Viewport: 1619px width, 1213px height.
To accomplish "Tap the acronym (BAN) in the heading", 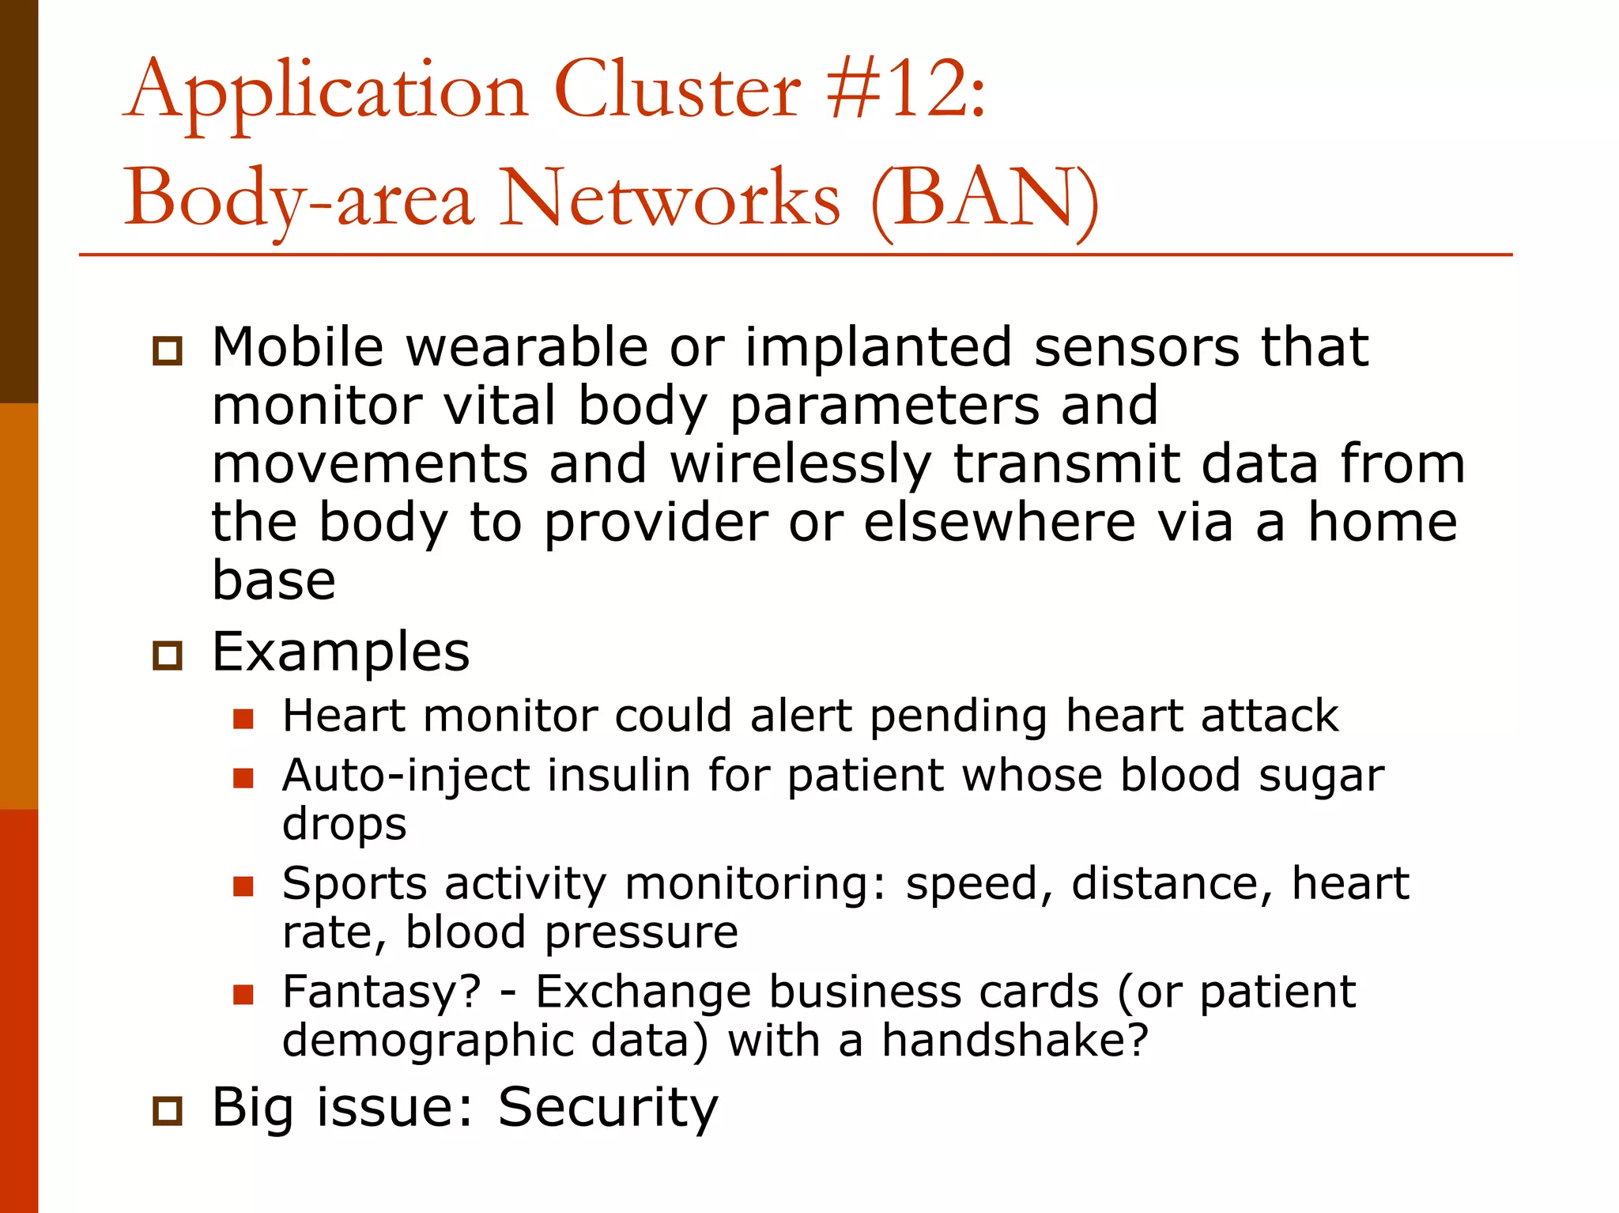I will point(984,199).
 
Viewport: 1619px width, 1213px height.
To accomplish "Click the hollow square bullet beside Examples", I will point(167,656).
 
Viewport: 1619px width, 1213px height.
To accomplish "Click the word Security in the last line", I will point(607,1107).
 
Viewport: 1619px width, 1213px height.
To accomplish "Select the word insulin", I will point(619,775).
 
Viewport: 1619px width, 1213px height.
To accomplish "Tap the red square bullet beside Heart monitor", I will point(243,718).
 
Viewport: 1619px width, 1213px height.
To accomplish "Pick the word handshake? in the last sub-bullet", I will point(1014,1041).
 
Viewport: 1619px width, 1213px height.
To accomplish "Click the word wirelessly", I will point(800,464).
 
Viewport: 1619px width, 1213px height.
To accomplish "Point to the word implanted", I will point(878,348).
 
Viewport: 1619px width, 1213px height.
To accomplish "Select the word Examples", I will point(341,652).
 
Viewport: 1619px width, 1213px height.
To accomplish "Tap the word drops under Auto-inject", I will point(345,825).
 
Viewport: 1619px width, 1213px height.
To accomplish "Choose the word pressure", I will point(641,933).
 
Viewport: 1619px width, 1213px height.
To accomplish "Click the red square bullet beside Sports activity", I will point(243,886).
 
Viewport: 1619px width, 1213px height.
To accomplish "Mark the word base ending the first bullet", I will point(274,580).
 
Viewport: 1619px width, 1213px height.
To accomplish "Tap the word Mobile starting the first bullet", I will point(297,348).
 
